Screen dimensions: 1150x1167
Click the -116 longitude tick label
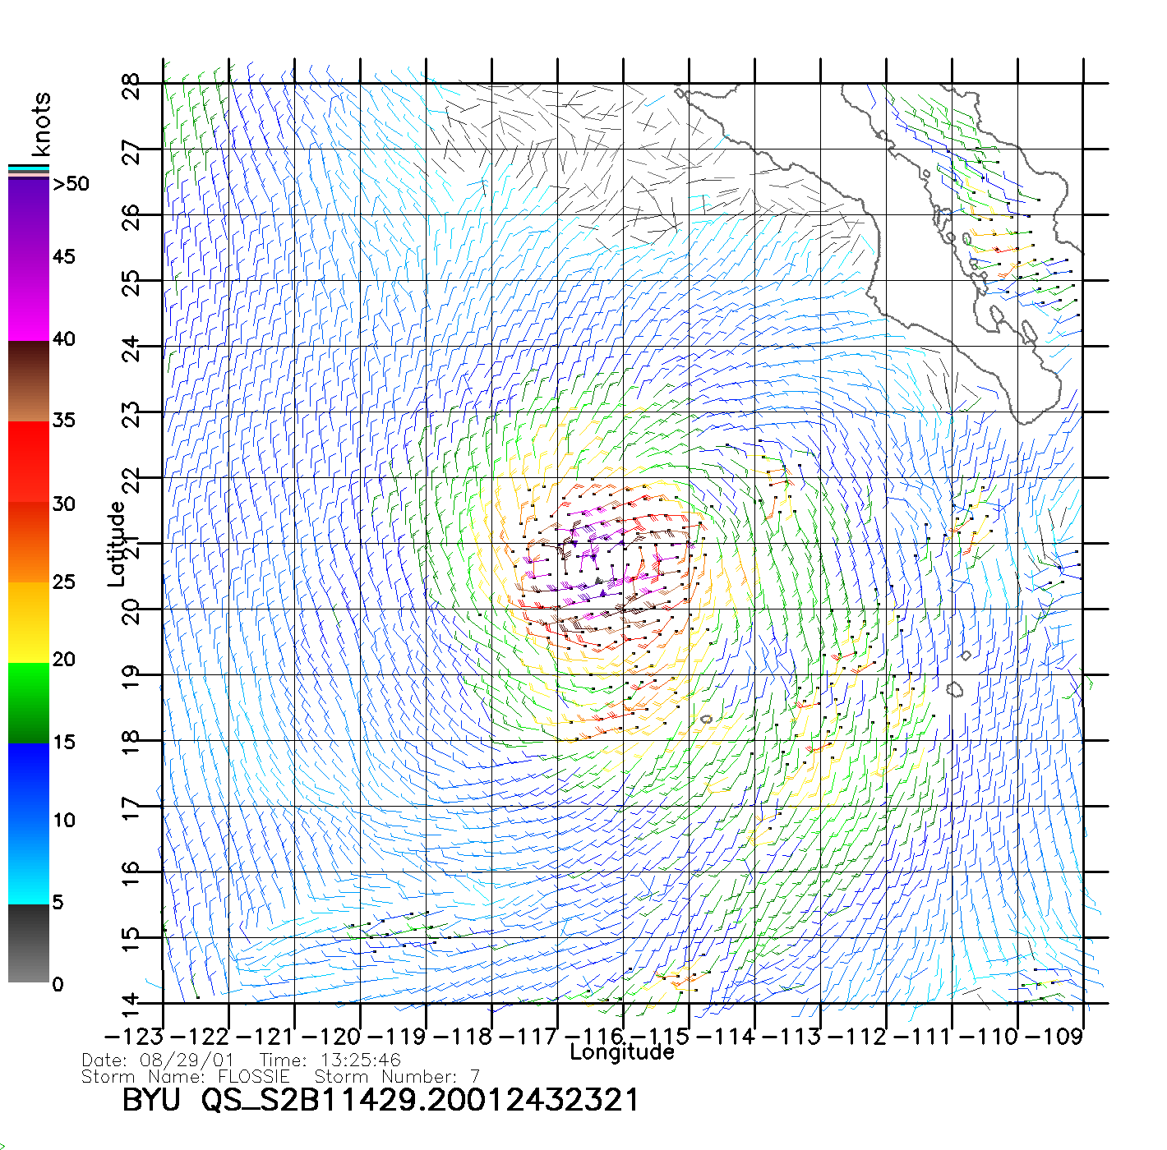[589, 1037]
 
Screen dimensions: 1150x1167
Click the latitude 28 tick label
[131, 85]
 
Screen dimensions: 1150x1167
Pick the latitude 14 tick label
[131, 1004]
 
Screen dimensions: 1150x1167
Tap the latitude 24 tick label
[131, 347]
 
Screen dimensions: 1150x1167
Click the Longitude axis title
[622, 1052]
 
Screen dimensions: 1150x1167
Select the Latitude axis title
[117, 544]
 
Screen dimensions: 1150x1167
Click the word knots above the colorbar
[41, 124]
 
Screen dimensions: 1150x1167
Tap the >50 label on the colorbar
[71, 184]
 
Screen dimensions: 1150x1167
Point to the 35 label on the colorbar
[64, 421]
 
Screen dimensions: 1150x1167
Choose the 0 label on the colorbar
[58, 984]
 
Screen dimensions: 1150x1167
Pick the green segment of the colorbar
[29, 702]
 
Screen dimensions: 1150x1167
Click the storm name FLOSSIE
[254, 1077]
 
